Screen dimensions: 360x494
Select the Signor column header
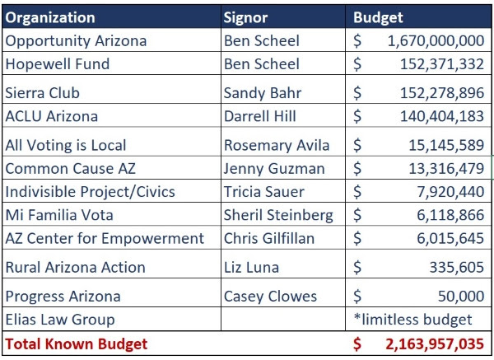point(245,17)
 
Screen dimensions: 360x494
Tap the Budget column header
point(378,17)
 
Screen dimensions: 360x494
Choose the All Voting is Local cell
point(66,145)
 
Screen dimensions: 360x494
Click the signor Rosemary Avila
point(277,145)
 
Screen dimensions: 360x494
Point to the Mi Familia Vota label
point(59,215)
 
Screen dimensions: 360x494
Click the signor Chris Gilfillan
point(268,238)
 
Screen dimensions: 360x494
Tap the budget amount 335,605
point(457,267)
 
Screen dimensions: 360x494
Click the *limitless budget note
point(412,320)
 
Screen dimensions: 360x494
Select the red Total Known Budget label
point(76,343)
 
